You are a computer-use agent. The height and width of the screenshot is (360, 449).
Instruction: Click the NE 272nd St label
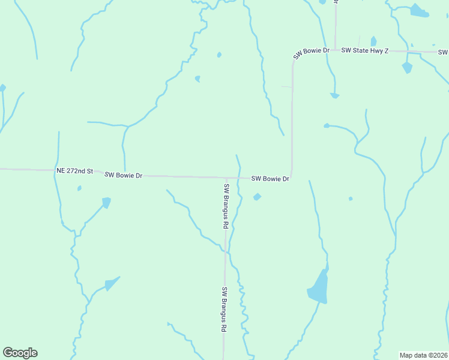click(x=74, y=171)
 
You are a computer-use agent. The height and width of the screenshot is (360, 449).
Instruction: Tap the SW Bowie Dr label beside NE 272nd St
click(x=123, y=175)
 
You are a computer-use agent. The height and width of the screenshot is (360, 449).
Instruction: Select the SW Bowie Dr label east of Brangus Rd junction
click(x=270, y=179)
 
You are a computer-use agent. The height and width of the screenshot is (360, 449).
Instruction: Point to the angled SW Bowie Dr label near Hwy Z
click(x=312, y=53)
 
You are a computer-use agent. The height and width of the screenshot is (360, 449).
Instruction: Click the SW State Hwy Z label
click(x=365, y=51)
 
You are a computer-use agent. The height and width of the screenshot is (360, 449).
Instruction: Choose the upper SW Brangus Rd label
click(x=226, y=206)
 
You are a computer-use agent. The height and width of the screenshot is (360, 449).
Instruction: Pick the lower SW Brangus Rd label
click(x=224, y=310)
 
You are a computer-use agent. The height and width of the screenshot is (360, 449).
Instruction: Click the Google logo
click(x=20, y=353)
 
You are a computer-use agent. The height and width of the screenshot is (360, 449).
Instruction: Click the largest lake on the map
click(x=319, y=287)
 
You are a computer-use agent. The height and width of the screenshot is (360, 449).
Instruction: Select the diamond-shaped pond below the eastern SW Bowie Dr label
click(x=257, y=197)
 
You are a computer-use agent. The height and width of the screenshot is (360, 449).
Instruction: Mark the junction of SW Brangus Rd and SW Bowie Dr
click(x=226, y=178)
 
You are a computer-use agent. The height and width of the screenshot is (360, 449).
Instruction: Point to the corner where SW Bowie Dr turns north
click(x=292, y=178)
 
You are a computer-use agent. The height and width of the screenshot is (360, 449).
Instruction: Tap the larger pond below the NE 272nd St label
click(x=106, y=203)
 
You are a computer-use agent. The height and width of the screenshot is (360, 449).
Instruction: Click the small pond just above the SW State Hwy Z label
click(x=373, y=41)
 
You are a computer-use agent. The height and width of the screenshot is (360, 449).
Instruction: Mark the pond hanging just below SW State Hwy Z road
click(x=408, y=67)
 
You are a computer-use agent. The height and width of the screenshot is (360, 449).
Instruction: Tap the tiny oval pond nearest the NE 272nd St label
click(x=79, y=188)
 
